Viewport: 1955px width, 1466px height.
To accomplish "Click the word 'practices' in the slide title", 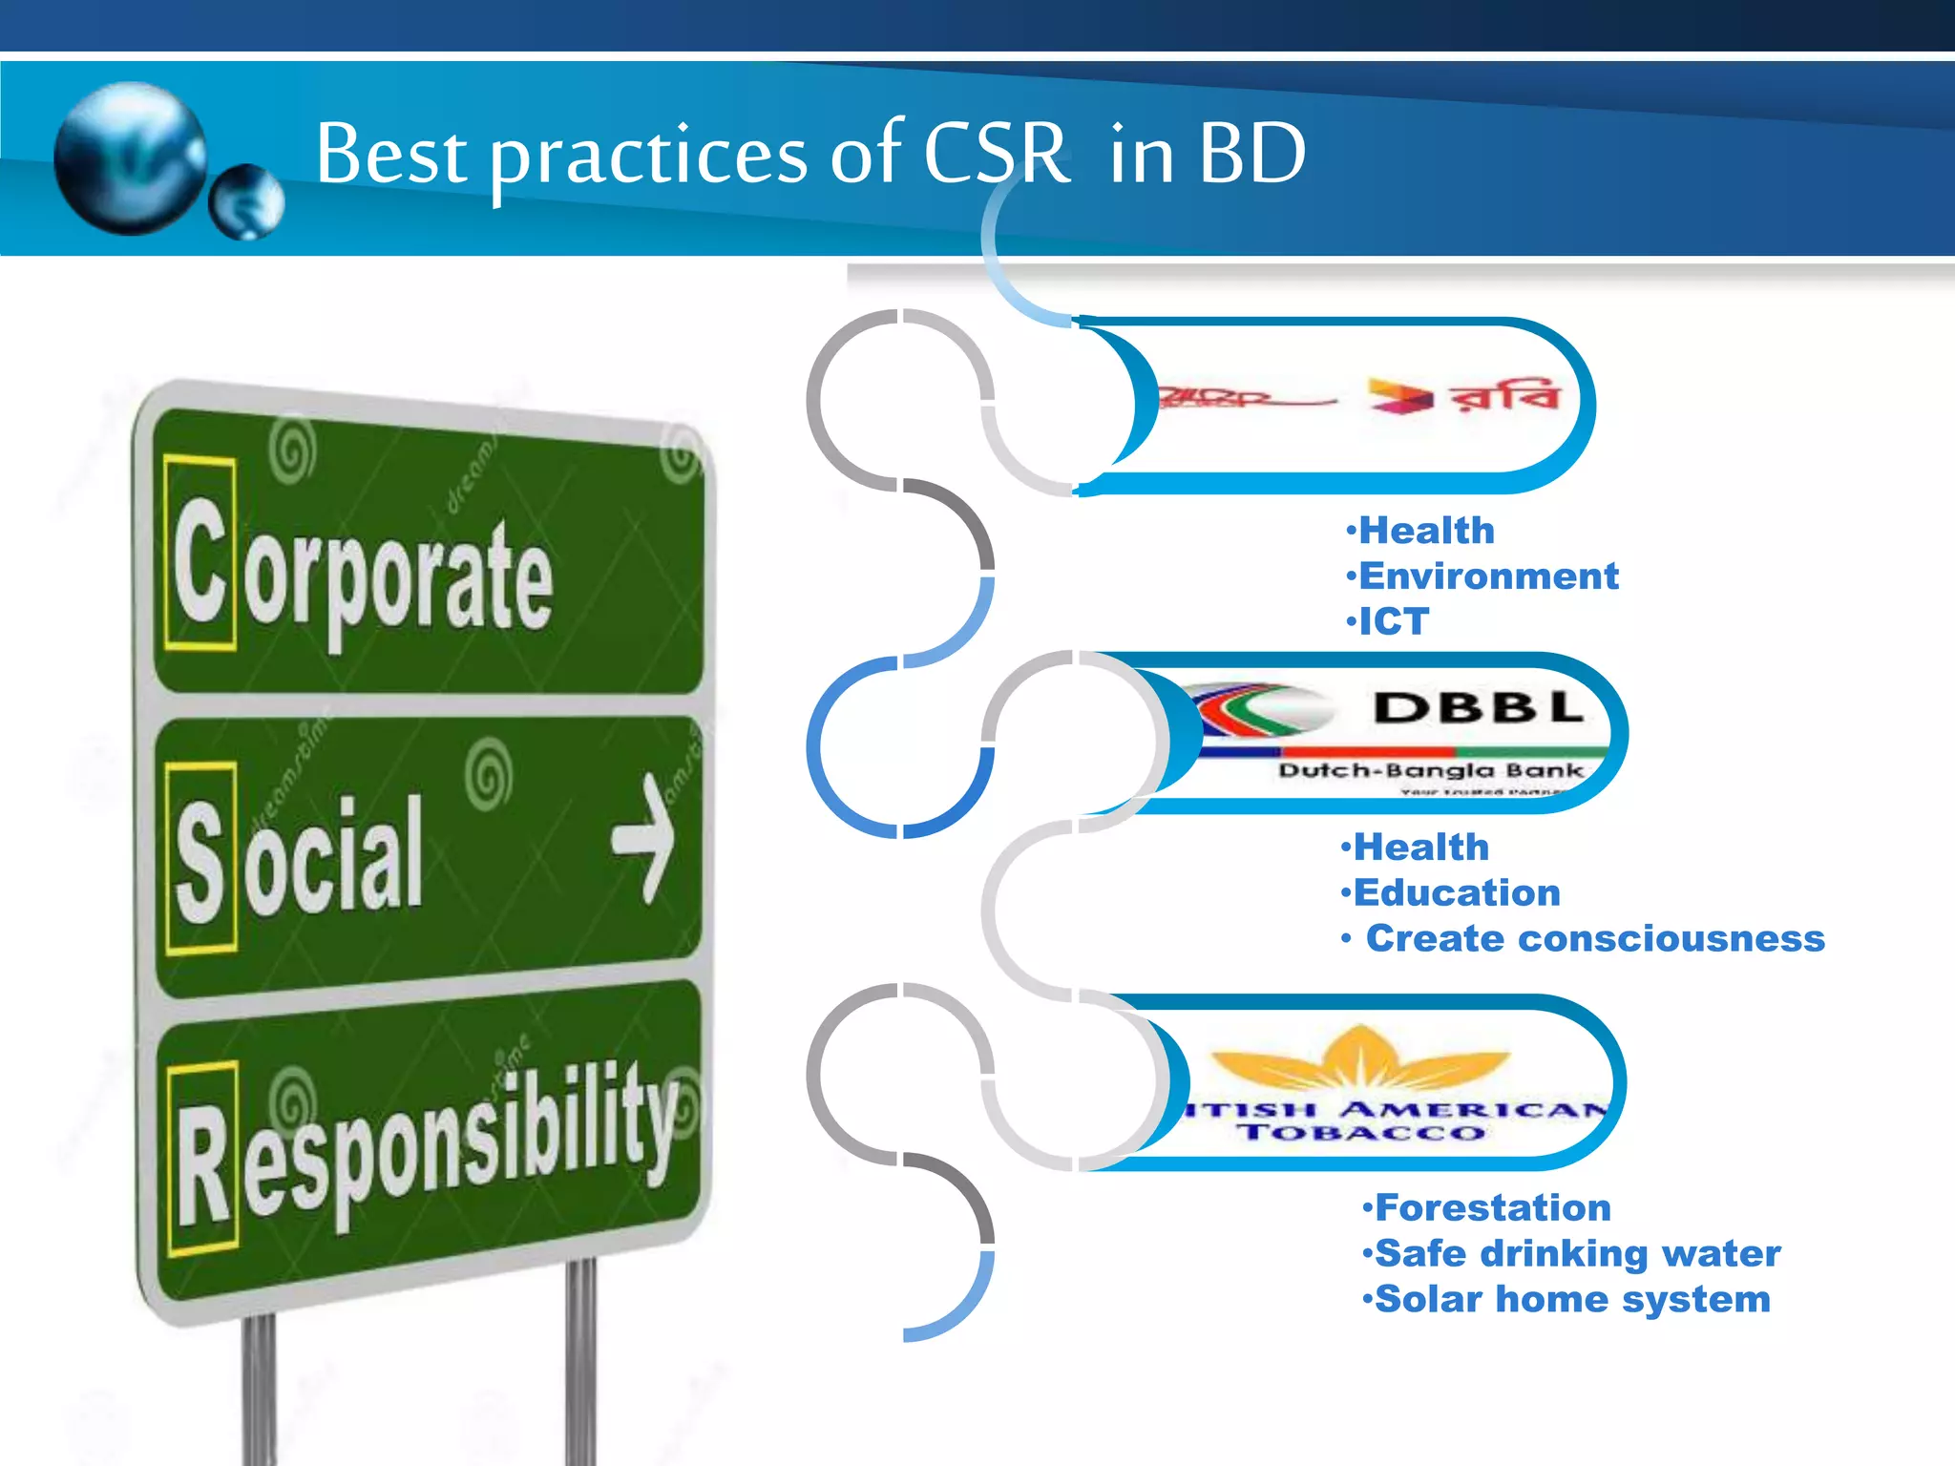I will [x=649, y=155].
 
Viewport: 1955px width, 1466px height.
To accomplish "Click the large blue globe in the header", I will [x=130, y=157].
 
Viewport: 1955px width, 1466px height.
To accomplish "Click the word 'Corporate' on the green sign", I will [x=363, y=573].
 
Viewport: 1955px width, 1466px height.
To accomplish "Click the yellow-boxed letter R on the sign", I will [x=203, y=1160].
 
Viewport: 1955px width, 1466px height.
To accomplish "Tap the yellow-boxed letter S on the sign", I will [x=200, y=859].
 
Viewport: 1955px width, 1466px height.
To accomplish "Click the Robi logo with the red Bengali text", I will [x=1465, y=395].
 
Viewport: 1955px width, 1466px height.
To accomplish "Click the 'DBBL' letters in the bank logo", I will [x=1478, y=708].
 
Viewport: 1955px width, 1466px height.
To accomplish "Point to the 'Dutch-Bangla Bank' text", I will [x=1430, y=770].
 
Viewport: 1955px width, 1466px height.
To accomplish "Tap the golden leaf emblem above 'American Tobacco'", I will [x=1360, y=1059].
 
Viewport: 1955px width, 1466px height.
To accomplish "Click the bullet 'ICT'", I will [x=1393, y=621].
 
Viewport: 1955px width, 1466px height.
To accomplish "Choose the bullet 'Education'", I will [x=1456, y=892].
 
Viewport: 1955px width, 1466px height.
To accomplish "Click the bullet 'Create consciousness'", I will [x=1594, y=938].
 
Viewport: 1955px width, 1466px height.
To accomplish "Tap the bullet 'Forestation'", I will [x=1492, y=1207].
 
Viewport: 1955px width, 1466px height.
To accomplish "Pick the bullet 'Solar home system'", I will [x=1571, y=1299].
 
